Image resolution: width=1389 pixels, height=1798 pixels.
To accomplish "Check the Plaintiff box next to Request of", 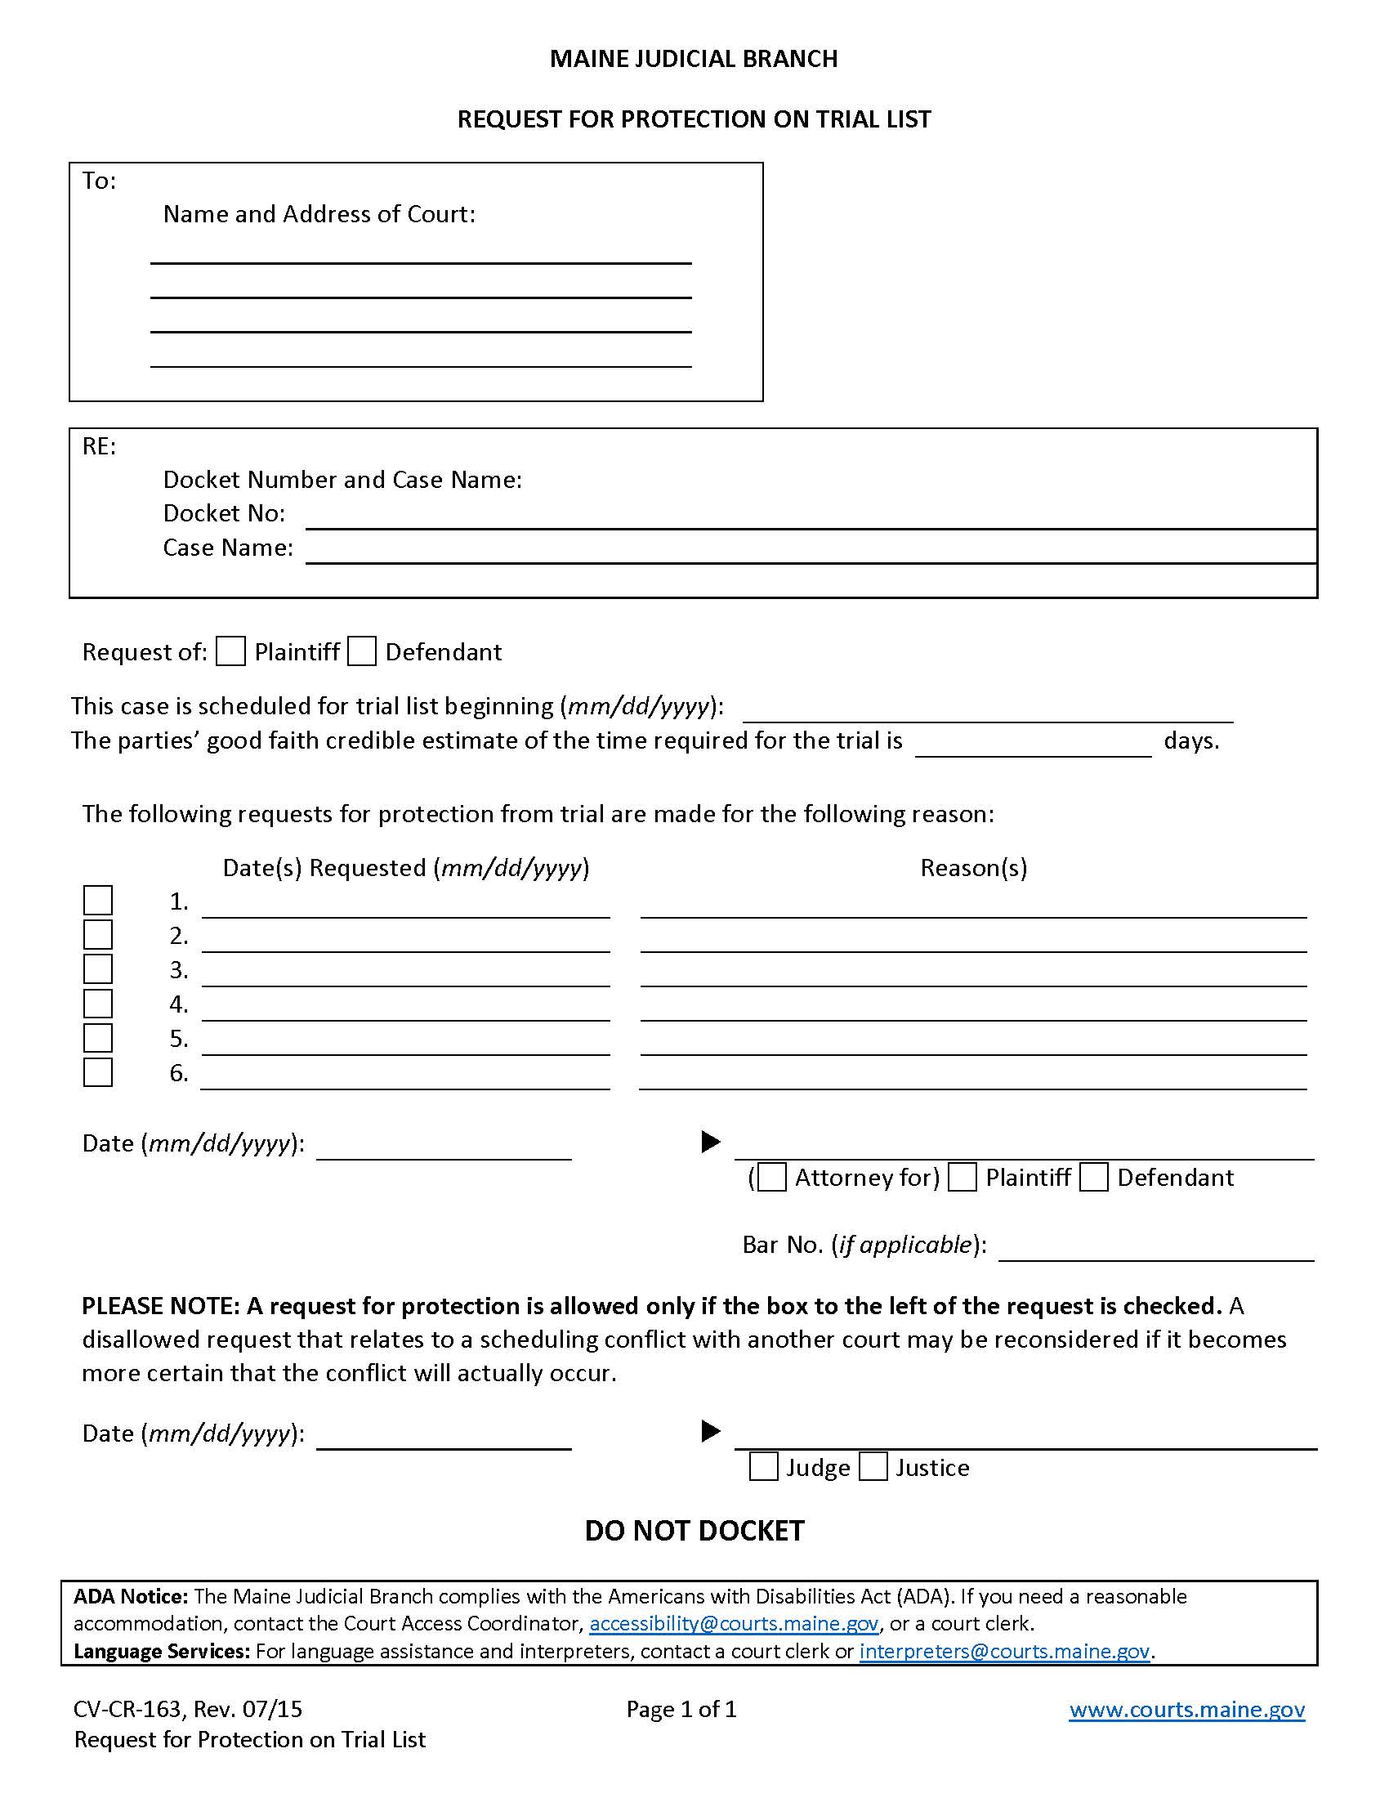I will pos(230,651).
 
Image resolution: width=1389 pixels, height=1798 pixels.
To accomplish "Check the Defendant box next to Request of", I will pos(362,651).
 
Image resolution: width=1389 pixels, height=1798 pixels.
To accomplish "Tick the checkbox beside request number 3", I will pos(98,969).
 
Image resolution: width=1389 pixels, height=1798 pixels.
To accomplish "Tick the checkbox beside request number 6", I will pos(98,1072).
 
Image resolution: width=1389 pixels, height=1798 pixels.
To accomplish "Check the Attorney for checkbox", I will pos(772,1177).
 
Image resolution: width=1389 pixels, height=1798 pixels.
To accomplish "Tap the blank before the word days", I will pos(1033,745).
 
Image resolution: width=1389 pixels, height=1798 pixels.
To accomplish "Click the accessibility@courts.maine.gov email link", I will pos(734,1623).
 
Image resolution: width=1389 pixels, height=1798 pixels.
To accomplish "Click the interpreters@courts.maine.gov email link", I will pos(1004,1651).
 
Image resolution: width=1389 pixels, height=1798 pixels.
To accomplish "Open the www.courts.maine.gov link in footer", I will pos(1186,1710).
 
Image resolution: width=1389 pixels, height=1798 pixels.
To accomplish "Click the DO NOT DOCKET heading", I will pos(694,1531).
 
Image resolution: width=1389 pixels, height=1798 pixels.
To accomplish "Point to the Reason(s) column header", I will pos(973,868).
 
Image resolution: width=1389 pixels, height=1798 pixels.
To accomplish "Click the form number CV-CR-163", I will pos(127,1710).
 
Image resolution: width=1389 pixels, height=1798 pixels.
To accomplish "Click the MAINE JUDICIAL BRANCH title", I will pos(694,59).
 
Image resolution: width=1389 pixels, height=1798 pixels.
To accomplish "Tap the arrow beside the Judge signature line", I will pos(710,1432).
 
